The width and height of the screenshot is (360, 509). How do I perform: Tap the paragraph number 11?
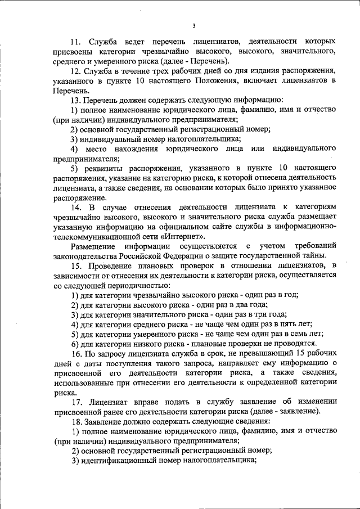click(76, 42)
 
